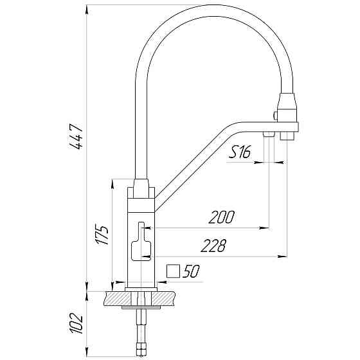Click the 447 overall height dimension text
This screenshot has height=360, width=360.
pos(76,137)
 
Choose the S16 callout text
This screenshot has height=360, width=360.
pos(240,152)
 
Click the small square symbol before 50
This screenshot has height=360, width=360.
pos(172,271)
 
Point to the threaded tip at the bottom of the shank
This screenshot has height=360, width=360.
pos(142,350)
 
